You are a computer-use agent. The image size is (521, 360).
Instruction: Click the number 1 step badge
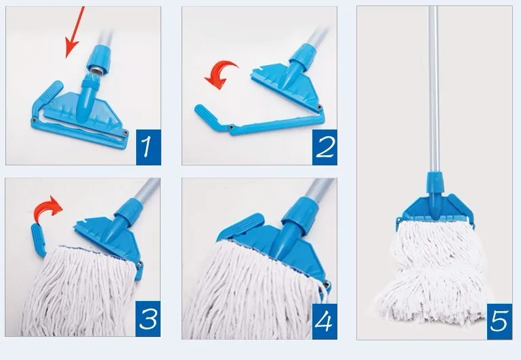tap(148, 147)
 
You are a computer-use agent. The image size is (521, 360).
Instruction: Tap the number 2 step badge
tap(325, 147)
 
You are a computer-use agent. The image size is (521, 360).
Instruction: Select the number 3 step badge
tap(148, 319)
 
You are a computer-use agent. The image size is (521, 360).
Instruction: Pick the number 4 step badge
tap(325, 321)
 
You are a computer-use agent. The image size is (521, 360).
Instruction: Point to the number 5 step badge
tap(499, 321)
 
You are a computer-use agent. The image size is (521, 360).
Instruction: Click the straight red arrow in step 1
tap(75, 33)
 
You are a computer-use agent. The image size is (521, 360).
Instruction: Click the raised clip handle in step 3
tap(38, 241)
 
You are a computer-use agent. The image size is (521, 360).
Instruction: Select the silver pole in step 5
tap(433, 89)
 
